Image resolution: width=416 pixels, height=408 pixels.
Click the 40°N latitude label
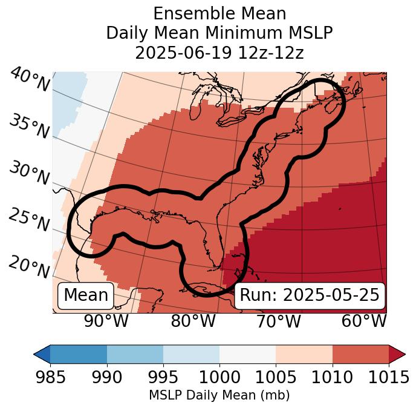(30, 81)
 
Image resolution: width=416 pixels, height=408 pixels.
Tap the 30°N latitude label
(29, 173)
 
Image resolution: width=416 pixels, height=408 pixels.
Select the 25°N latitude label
(29, 220)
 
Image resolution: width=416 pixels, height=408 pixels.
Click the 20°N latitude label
(29, 267)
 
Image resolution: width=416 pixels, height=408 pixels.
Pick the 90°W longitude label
(106, 321)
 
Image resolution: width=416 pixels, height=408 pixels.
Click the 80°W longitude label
(193, 321)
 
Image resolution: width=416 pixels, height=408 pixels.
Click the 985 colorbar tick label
(50, 378)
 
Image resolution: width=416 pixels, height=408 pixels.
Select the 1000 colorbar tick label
(219, 378)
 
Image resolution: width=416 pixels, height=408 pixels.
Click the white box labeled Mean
(86, 295)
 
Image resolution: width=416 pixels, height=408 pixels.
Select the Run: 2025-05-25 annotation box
(310, 295)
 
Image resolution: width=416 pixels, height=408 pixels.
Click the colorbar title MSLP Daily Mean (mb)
(219, 396)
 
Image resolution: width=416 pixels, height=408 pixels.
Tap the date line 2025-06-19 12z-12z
(219, 53)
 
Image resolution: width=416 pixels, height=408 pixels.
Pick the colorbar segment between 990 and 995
(135, 354)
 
